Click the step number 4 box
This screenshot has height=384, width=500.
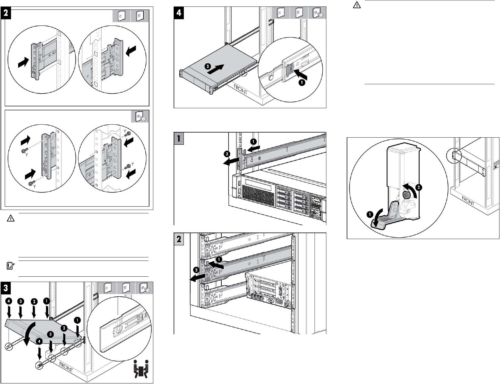(x=179, y=13)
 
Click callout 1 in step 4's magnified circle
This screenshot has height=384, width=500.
(x=302, y=83)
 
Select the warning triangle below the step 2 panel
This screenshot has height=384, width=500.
(x=10, y=218)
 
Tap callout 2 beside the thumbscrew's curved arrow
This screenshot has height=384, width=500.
(x=419, y=187)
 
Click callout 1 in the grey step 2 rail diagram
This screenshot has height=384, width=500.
(x=218, y=259)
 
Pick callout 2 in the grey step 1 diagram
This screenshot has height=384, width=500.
(x=227, y=154)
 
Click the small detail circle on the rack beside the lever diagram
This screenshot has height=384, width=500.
(x=454, y=155)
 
